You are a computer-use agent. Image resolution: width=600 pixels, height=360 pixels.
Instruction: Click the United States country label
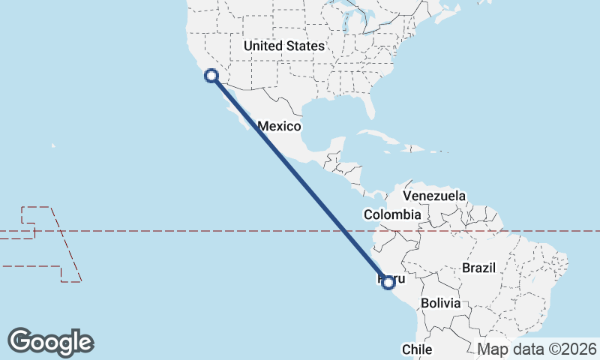coord(284,46)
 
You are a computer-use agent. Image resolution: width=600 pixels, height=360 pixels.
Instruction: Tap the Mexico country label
coord(280,126)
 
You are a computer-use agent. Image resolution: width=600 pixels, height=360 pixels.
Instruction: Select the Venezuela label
coord(434,196)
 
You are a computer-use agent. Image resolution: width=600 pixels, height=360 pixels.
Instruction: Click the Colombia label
coord(392,214)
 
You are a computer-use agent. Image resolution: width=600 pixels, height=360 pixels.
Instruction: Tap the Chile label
coord(417,349)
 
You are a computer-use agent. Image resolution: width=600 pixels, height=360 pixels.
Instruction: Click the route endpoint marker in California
coord(211,75)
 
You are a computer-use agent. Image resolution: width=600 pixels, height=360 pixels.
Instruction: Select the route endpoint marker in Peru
coord(388,282)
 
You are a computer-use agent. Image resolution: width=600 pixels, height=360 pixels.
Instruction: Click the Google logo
coord(51,342)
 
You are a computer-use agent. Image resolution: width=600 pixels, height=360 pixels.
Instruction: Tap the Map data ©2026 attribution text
coord(537,349)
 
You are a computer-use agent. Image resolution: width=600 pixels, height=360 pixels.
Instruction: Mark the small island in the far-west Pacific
coord(54,146)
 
